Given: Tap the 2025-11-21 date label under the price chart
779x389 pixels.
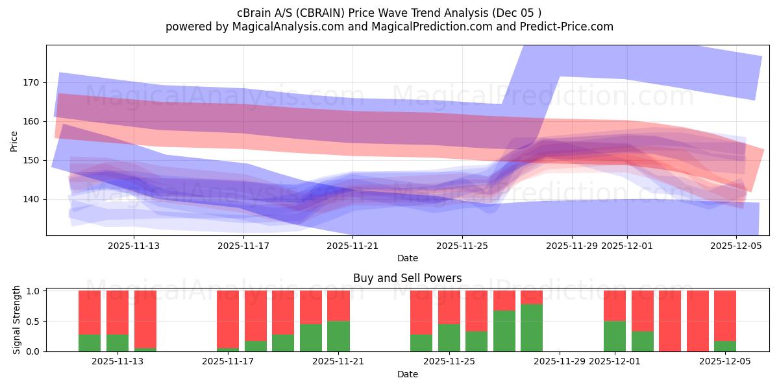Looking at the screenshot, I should [x=352, y=246].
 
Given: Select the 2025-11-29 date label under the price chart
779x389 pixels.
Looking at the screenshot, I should [x=571, y=246].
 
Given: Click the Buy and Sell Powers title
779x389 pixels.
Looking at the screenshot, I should [x=407, y=278].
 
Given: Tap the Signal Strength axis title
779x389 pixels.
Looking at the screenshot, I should [x=17, y=320].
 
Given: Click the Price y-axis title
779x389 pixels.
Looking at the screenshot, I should [x=14, y=140].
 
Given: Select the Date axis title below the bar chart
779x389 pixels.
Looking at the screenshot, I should [x=407, y=374].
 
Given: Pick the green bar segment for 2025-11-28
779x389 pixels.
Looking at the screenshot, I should [x=532, y=327].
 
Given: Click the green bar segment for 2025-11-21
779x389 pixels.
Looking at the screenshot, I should [x=338, y=336].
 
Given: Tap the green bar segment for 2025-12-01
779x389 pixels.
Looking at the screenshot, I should [x=614, y=336].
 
